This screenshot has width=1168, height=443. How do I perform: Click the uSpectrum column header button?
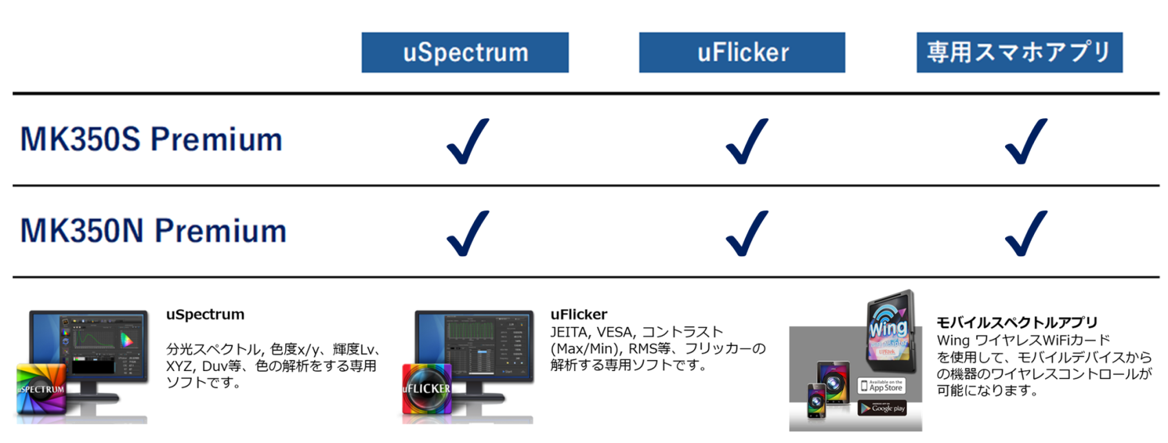pyautogui.click(x=465, y=52)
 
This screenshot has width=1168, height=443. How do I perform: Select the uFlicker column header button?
pyautogui.click(x=742, y=52)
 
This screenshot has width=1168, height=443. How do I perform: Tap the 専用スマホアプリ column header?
pyautogui.click(x=1020, y=52)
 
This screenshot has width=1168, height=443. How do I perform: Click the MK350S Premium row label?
pyautogui.click(x=151, y=139)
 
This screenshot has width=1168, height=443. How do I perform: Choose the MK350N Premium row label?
pyautogui.click(x=153, y=231)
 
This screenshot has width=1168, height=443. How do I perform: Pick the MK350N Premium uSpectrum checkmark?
pyautogui.click(x=468, y=233)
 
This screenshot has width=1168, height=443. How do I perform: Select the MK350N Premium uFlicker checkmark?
pyautogui.click(x=747, y=233)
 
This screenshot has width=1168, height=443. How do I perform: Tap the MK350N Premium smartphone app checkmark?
pyautogui.click(x=1026, y=233)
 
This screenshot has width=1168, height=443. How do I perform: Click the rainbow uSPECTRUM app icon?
pyautogui.click(x=41, y=389)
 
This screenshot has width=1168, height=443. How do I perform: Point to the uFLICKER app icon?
pyautogui.click(x=427, y=389)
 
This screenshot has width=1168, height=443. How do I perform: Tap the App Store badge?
pyautogui.click(x=882, y=386)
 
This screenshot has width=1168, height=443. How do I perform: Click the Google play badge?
pyautogui.click(x=883, y=408)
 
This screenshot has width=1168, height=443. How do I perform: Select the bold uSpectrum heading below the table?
pyautogui.click(x=205, y=315)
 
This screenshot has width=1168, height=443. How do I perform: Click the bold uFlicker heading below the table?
pyautogui.click(x=579, y=315)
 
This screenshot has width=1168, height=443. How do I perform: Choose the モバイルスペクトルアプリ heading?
pyautogui.click(x=1017, y=322)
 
